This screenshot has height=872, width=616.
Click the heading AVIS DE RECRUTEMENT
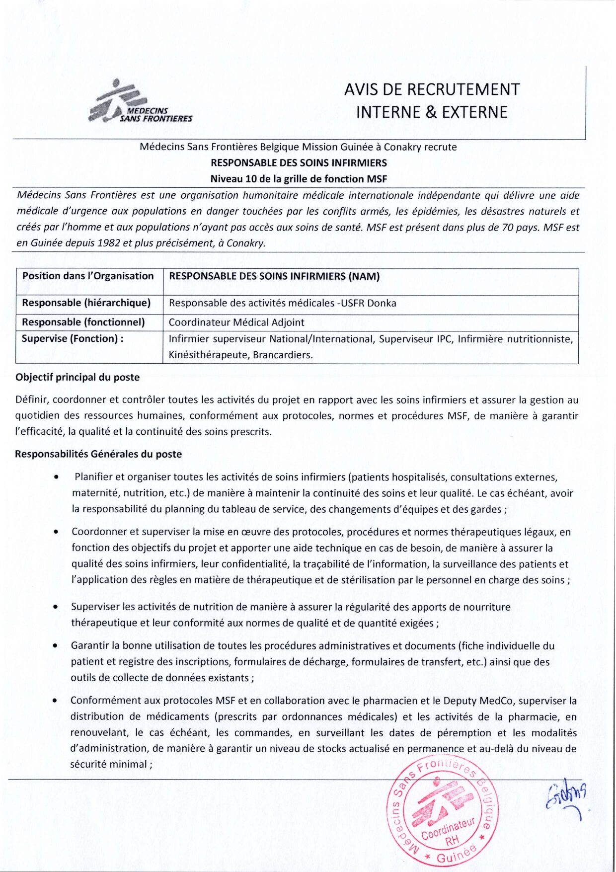pyautogui.click(x=432, y=89)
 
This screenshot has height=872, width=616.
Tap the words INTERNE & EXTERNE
pyautogui.click(x=432, y=112)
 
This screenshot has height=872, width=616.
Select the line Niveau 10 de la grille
pyautogui.click(x=298, y=179)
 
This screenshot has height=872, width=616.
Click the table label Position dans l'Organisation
pyautogui.click(x=88, y=276)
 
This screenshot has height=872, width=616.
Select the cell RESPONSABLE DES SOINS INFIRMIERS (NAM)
pyautogui.click(x=274, y=276)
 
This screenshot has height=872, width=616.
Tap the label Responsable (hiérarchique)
pyautogui.click(x=86, y=303)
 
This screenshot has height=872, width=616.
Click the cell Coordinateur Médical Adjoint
pyautogui.click(x=236, y=322)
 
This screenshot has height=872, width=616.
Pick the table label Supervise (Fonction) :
pyautogui.click(x=73, y=339)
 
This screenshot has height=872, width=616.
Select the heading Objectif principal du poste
pyautogui.click(x=77, y=377)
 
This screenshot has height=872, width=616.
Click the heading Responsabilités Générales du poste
pyautogui.click(x=98, y=454)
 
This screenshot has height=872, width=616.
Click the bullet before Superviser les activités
pyautogui.click(x=56, y=607)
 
